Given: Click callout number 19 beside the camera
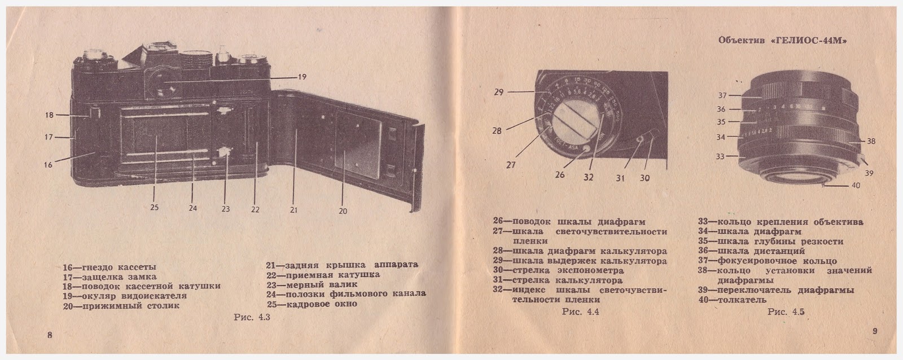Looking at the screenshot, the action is pyautogui.click(x=302, y=77).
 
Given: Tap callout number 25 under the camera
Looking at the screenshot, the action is pyautogui.click(x=155, y=207).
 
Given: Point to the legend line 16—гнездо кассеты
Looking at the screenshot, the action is pyautogui.click(x=109, y=267).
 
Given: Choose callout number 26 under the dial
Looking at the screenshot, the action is pyautogui.click(x=560, y=175).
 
